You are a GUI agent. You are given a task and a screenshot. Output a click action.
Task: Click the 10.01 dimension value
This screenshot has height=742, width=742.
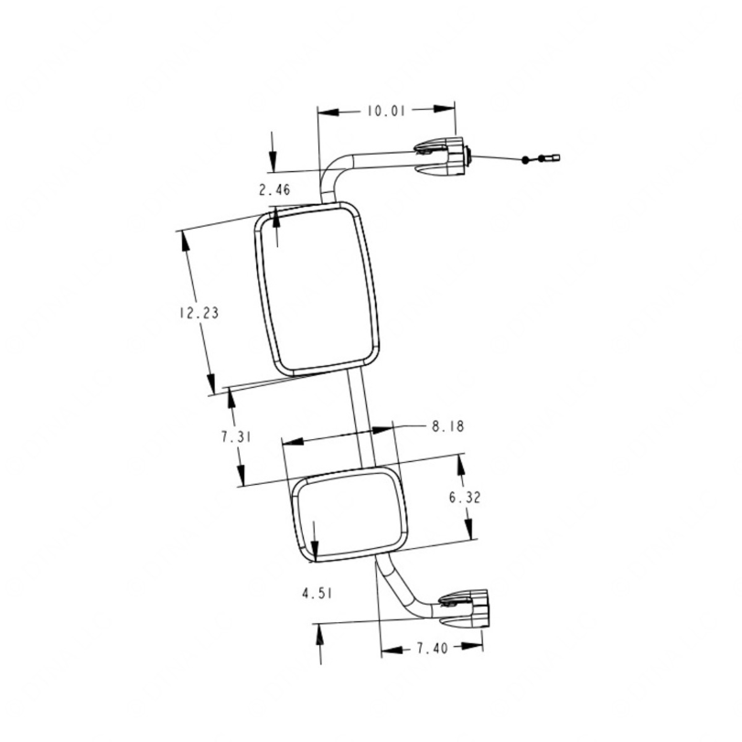click(386, 111)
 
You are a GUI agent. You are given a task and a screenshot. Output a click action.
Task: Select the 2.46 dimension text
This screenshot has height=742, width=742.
click(274, 189)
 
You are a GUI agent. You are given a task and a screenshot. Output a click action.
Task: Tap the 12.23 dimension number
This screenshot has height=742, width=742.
click(199, 313)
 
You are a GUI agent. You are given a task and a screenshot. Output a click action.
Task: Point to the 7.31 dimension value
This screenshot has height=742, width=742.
click(236, 436)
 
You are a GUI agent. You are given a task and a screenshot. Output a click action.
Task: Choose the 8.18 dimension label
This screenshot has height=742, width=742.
click(447, 425)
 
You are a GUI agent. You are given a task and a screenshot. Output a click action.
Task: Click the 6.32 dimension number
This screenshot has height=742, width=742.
click(464, 498)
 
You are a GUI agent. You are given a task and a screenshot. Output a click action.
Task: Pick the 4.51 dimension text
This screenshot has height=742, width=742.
click(317, 593)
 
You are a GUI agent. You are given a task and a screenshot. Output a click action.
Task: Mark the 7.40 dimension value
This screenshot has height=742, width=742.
click(432, 648)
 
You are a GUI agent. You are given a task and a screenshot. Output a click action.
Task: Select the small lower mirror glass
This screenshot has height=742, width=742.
click(349, 515)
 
